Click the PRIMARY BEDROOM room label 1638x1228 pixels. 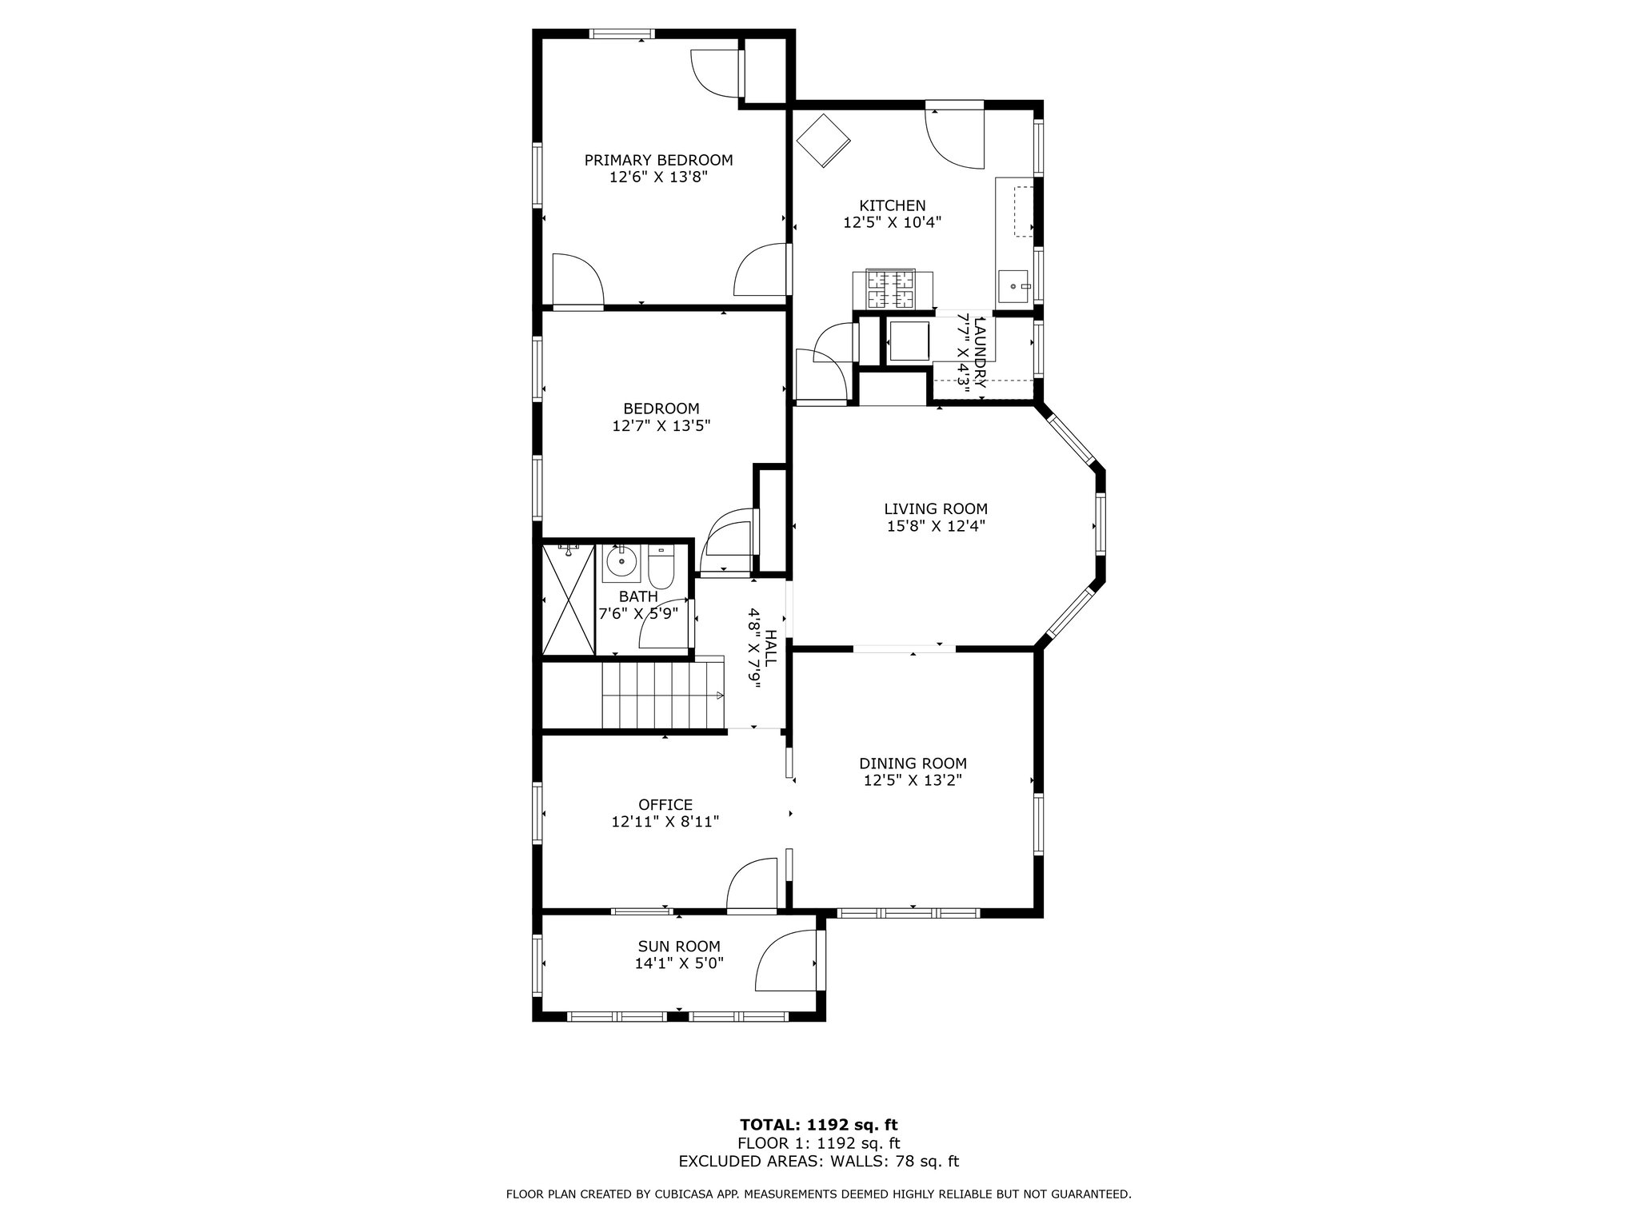[658, 160]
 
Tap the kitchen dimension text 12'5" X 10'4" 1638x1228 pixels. [892, 223]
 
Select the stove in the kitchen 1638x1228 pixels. [893, 289]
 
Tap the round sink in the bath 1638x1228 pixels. [621, 563]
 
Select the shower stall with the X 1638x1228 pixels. [568, 599]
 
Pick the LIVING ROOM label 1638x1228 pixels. [935, 508]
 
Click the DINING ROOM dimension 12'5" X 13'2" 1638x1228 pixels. [913, 781]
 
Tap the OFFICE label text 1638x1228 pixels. [665, 804]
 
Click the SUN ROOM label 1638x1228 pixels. [679, 947]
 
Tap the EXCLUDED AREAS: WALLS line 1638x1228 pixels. [818, 1162]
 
